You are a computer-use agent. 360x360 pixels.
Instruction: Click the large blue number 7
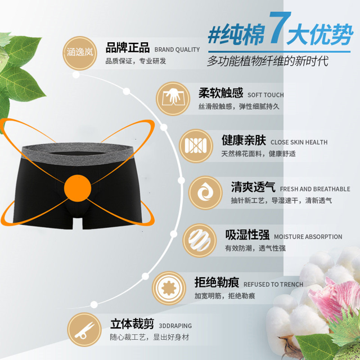click(x=279, y=28)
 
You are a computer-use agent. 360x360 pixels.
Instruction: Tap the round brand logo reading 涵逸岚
click(x=80, y=53)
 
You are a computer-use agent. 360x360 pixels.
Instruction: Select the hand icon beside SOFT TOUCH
click(x=173, y=99)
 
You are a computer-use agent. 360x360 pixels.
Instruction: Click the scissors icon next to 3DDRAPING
click(x=84, y=330)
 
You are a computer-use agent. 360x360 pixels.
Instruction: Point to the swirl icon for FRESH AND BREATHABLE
click(x=205, y=192)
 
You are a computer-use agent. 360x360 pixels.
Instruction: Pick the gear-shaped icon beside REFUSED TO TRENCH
click(x=169, y=288)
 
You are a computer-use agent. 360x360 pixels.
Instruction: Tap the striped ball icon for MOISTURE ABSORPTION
click(x=200, y=240)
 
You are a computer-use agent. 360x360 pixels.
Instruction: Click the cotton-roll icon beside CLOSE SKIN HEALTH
click(x=196, y=146)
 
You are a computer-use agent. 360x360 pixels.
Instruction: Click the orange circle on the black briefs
click(x=78, y=188)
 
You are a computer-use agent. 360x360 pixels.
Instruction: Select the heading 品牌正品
click(x=128, y=47)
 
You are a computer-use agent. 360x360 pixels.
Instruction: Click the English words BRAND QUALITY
click(x=177, y=49)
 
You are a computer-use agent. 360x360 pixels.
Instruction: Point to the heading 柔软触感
click(x=220, y=93)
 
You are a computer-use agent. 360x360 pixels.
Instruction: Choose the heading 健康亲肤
click(x=244, y=140)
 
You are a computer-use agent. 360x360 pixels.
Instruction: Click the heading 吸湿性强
click(x=247, y=235)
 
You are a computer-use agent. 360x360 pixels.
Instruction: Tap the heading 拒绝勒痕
click(x=217, y=282)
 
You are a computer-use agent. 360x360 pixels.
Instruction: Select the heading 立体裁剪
click(x=132, y=324)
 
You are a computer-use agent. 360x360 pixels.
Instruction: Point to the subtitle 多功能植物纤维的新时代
click(x=268, y=61)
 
